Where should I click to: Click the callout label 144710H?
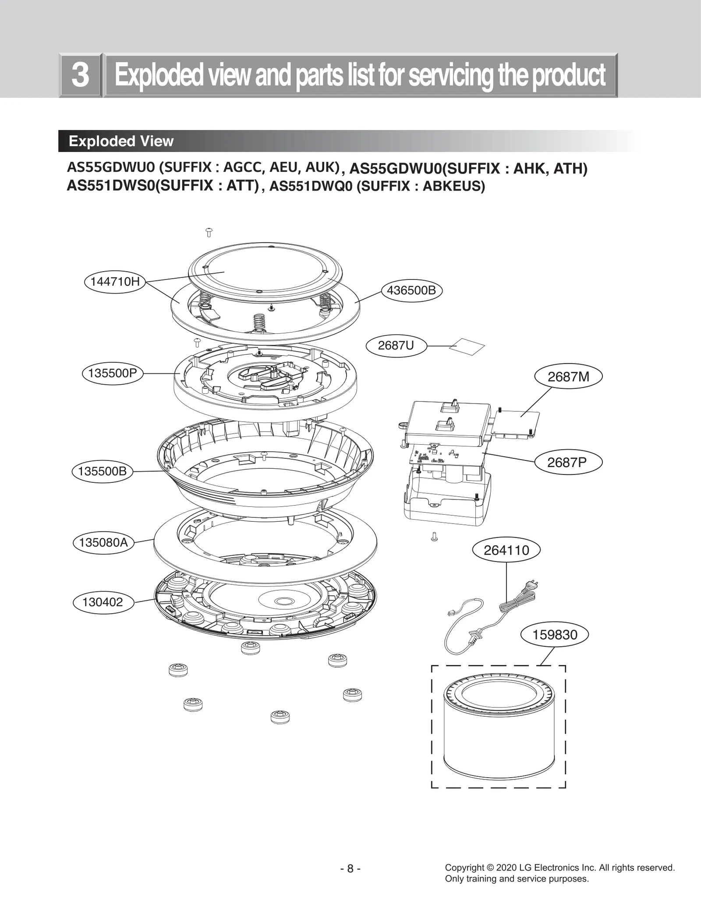[x=115, y=282]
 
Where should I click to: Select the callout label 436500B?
[x=411, y=290]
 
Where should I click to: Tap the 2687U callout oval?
[x=396, y=345]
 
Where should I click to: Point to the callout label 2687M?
[x=568, y=376]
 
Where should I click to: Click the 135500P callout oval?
[x=113, y=373]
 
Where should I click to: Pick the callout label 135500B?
[x=102, y=471]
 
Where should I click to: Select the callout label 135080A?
[x=103, y=542]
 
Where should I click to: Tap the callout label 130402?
[x=103, y=602]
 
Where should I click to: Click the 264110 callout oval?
[x=506, y=550]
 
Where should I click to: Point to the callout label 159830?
[x=555, y=634]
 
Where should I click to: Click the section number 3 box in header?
[x=80, y=75]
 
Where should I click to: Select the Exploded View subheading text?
[x=121, y=141]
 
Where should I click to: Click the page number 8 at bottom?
[x=350, y=868]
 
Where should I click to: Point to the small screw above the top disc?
[x=209, y=232]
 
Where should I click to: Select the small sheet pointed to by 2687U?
[x=467, y=347]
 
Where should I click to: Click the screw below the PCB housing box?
[x=434, y=536]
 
